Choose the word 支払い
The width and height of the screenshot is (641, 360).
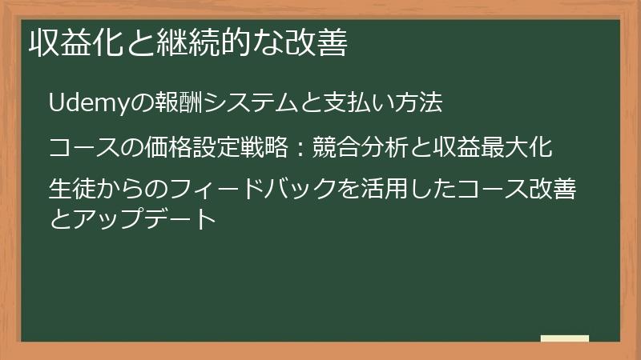coord(352,103)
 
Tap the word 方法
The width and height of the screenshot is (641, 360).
coord(420,103)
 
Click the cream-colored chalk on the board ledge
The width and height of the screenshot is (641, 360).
coord(565,339)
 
